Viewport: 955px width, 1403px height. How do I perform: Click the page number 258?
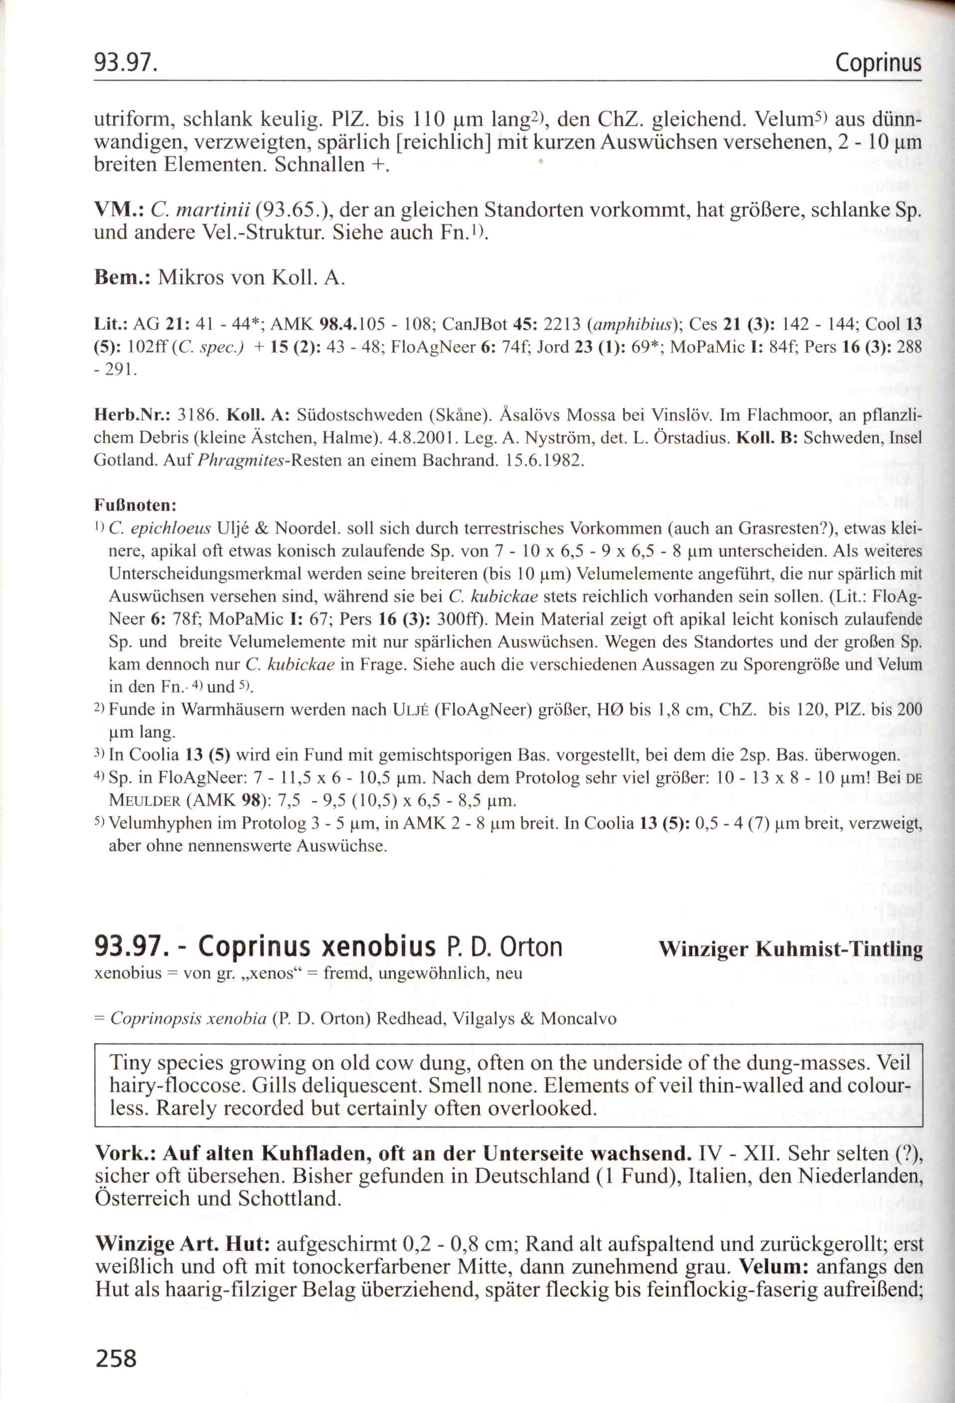pyautogui.click(x=116, y=1358)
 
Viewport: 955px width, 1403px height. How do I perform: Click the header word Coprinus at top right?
pyautogui.click(x=878, y=62)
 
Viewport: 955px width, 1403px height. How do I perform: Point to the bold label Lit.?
pyautogui.click(x=109, y=324)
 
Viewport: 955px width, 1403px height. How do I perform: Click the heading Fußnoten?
pyautogui.click(x=135, y=505)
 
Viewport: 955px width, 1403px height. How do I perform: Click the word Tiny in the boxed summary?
pyautogui.click(x=131, y=1063)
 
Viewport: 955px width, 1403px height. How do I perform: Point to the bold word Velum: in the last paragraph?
pyautogui.click(x=774, y=1267)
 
